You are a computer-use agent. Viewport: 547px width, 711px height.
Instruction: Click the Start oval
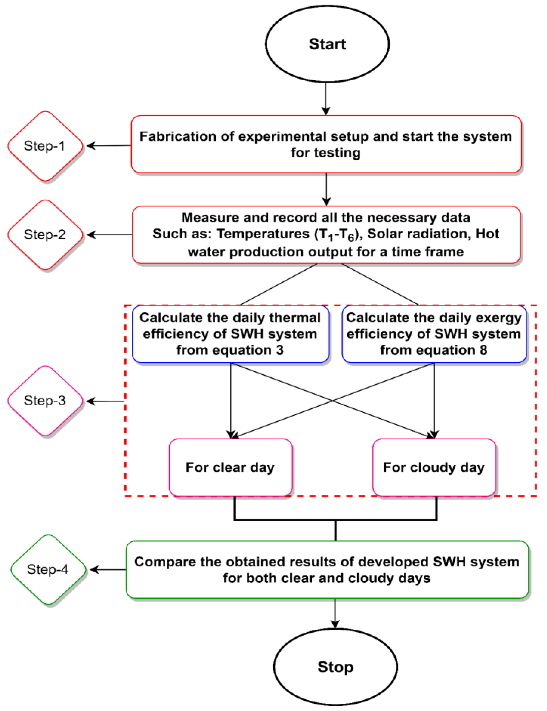click(x=327, y=44)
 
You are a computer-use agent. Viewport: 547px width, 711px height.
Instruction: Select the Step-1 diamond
click(x=45, y=146)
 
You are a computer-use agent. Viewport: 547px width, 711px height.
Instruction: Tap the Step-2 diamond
click(x=45, y=234)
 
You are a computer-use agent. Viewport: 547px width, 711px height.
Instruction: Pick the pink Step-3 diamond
click(x=45, y=400)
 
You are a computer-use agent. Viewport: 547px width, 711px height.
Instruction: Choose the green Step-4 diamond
click(x=48, y=570)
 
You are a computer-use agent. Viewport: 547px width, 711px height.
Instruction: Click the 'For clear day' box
click(x=230, y=468)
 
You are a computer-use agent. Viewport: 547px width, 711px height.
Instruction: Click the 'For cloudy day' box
click(x=434, y=468)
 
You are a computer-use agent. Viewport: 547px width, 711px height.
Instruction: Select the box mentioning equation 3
click(x=230, y=334)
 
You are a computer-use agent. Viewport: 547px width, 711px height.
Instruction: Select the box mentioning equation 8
click(x=434, y=334)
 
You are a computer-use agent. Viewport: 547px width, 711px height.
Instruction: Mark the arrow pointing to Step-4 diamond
click(x=108, y=570)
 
